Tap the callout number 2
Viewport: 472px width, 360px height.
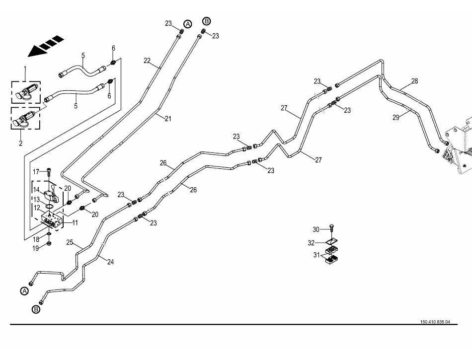pos(21,144)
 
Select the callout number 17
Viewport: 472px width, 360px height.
pos(36,172)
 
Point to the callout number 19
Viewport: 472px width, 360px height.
pos(36,248)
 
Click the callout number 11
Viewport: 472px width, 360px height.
pos(75,223)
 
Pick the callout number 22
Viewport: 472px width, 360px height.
pos(147,61)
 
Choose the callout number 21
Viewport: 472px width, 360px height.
pos(167,118)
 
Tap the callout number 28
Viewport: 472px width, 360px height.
pos(415,81)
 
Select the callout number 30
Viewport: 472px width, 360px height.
pos(316,229)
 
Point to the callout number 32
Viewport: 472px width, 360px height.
pos(312,243)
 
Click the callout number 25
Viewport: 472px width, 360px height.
pos(70,243)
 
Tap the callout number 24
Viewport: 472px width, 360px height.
pos(110,262)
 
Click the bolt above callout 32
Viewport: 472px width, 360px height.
pos(331,229)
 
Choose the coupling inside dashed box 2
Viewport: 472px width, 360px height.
pos(25,120)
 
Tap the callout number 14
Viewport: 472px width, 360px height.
pos(36,189)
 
